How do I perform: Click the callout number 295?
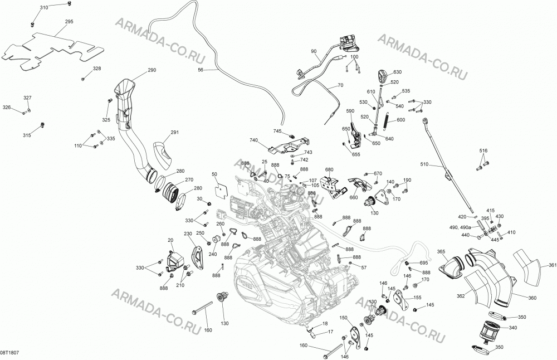[x=69, y=22]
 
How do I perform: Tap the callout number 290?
[x=152, y=70]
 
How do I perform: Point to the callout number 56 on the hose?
[x=201, y=70]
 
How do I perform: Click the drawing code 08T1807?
[x=9, y=353]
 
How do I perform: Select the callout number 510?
[x=424, y=164]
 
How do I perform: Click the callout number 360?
[x=532, y=298]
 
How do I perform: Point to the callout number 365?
[x=441, y=252]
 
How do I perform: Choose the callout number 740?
[x=253, y=140]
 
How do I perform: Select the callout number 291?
[x=175, y=133]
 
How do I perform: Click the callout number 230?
[x=188, y=233]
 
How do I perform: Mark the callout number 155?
[x=417, y=298]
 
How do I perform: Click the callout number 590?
[x=350, y=111]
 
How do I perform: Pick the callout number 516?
[x=483, y=150]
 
